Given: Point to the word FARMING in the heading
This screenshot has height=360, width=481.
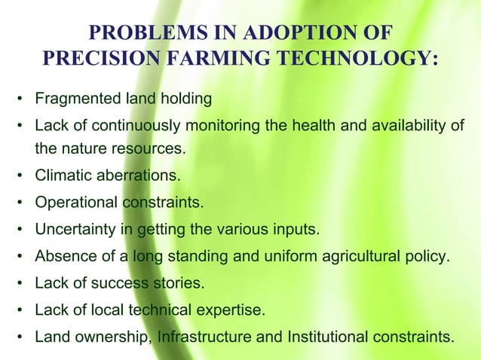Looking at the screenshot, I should (x=216, y=59).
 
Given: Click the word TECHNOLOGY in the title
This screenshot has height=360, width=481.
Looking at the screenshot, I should (x=359, y=59).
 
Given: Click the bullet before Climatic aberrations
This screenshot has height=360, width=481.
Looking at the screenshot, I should (x=22, y=176).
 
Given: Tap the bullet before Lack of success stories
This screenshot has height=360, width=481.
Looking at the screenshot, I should (x=22, y=282).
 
